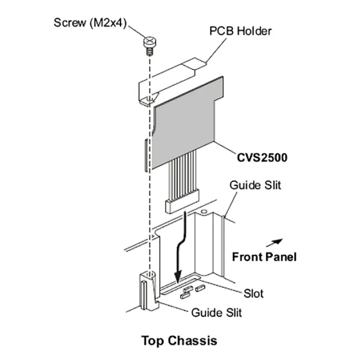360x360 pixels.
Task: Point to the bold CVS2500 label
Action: point(259,159)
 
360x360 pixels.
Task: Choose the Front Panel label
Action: point(263,257)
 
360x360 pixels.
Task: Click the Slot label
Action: point(254,294)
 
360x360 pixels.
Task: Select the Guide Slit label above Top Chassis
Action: point(215,312)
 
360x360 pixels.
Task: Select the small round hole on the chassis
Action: point(205,212)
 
